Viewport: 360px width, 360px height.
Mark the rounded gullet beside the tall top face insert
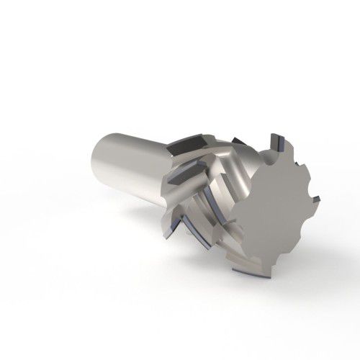(287, 155)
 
